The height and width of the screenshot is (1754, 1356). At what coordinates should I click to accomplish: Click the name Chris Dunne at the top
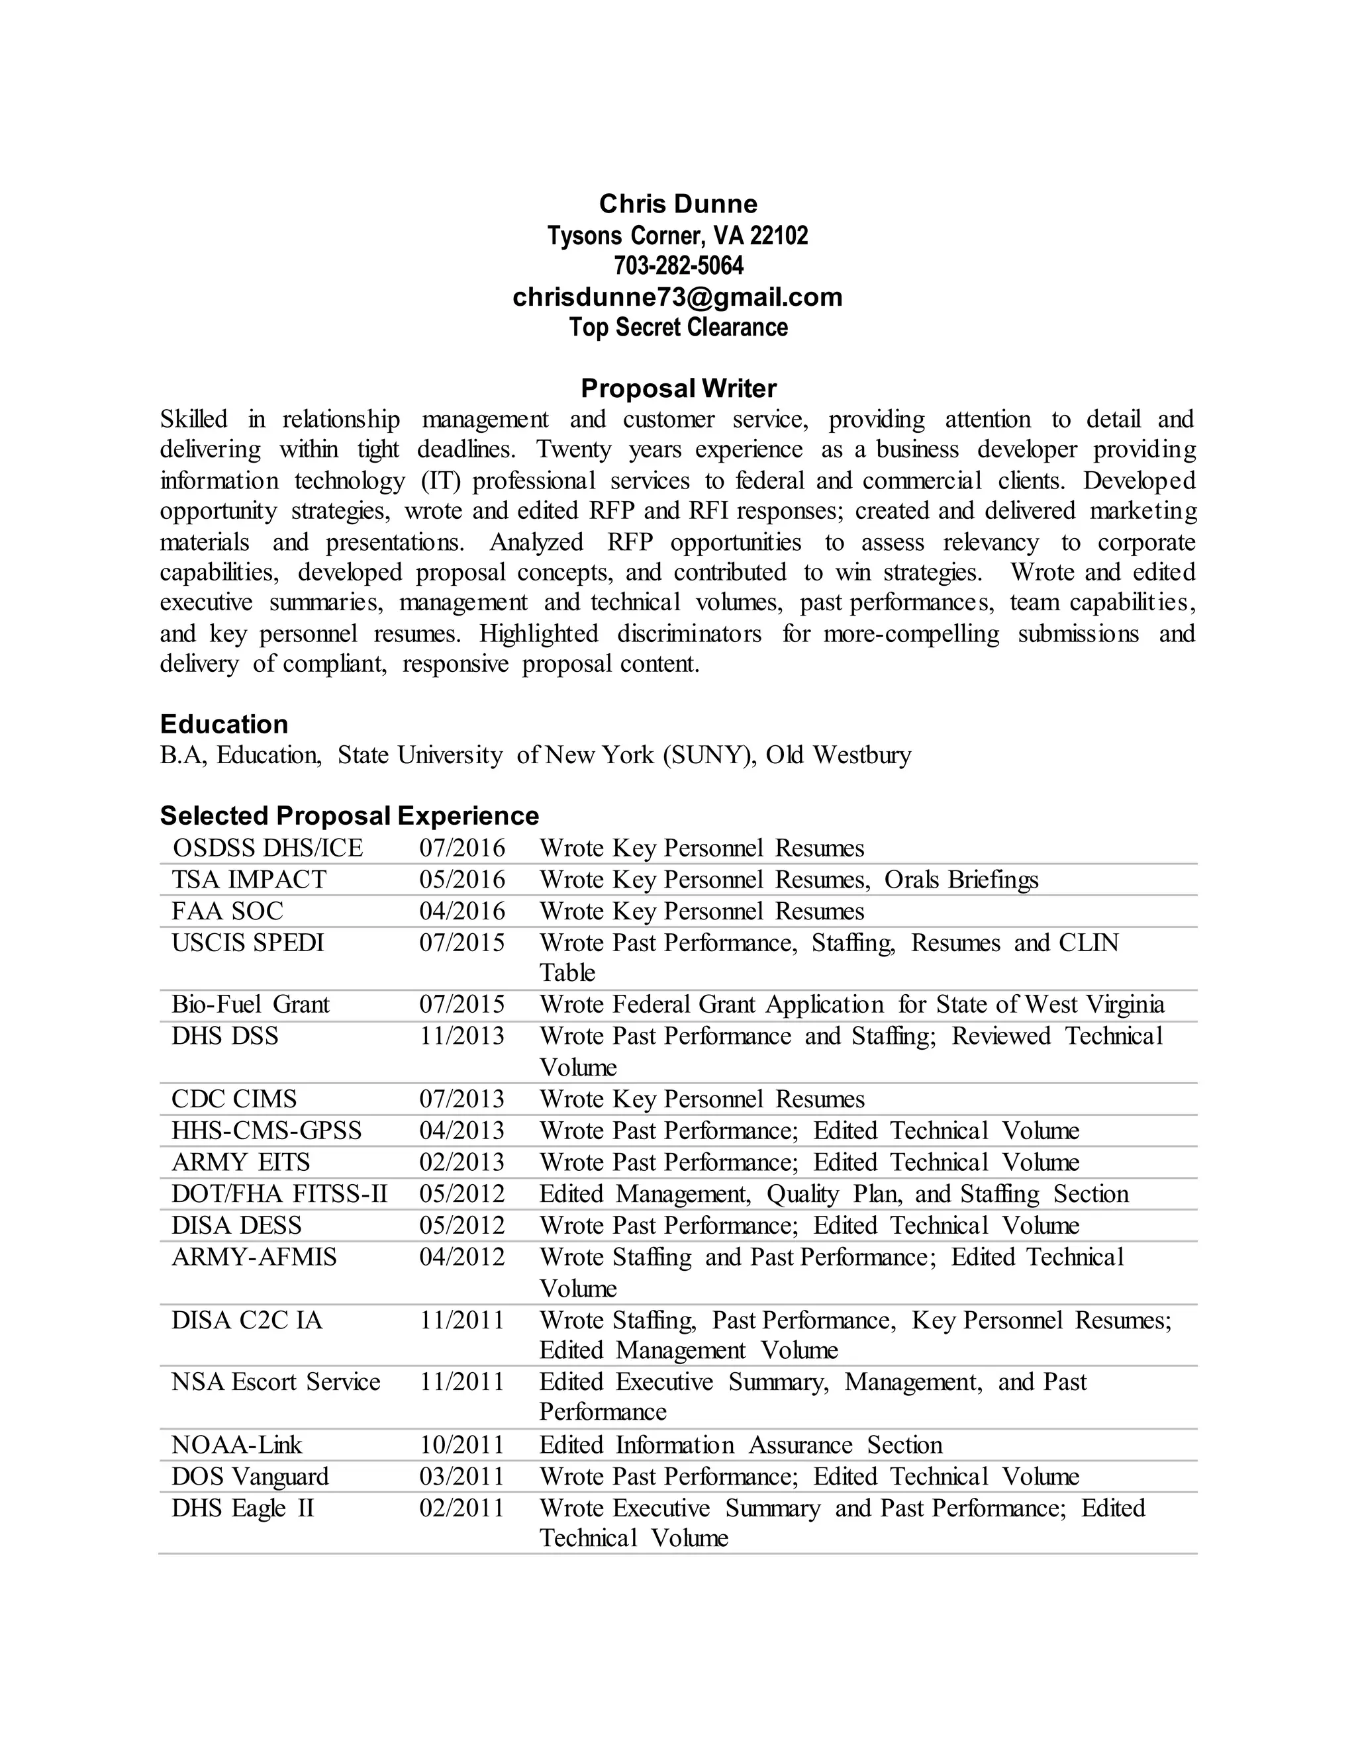[678, 204]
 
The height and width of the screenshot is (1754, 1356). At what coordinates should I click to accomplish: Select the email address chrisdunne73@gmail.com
[678, 297]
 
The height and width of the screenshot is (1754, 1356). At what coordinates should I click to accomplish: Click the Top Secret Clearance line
[678, 328]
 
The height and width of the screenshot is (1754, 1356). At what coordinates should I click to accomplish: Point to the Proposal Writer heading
[678, 389]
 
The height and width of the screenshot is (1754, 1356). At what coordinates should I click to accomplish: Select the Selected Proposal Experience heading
[350, 816]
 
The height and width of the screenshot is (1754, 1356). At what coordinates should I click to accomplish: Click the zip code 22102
[779, 236]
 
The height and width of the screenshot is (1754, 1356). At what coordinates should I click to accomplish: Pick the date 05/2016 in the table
[462, 880]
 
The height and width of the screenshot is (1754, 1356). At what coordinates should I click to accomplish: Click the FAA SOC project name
[227, 911]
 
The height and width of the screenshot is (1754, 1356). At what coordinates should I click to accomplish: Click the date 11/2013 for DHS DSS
[462, 1036]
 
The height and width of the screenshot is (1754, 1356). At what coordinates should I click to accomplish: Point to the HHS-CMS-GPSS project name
[266, 1131]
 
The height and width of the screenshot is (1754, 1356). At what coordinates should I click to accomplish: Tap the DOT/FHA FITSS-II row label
[279, 1194]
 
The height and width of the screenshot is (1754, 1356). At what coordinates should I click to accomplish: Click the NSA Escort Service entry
[275, 1382]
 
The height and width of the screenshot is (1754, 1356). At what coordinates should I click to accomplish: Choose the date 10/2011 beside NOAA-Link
[462, 1446]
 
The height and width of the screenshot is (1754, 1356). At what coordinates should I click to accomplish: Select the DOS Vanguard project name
[250, 1477]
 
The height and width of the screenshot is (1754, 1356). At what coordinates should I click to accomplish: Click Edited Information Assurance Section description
[740, 1446]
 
